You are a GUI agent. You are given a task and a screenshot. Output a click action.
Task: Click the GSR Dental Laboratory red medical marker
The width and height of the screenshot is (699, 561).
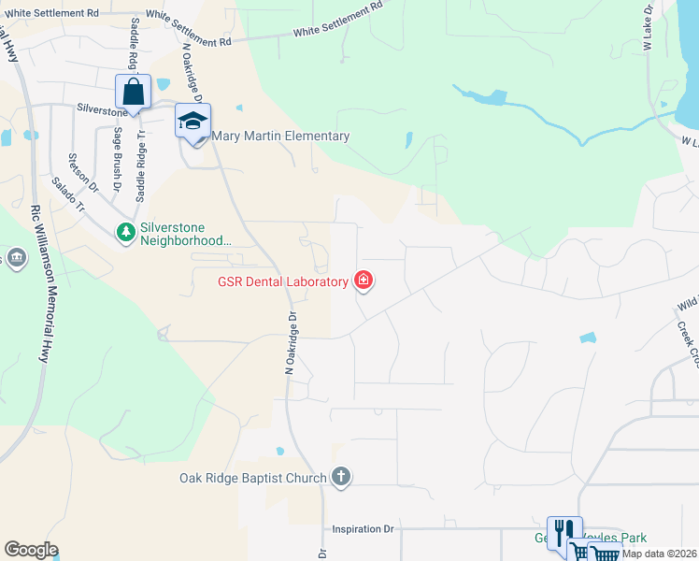[x=363, y=280]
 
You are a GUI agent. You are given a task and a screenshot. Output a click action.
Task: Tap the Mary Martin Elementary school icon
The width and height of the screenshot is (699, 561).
[x=193, y=122]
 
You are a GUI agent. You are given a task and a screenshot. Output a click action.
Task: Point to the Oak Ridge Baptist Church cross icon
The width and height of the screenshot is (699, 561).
[x=341, y=478]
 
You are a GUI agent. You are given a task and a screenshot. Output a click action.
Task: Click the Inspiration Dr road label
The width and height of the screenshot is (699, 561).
[x=363, y=529]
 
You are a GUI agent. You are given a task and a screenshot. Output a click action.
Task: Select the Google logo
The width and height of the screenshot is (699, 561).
[x=31, y=550]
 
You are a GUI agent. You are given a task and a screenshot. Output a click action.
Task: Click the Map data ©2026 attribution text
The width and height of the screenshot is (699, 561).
[x=658, y=554]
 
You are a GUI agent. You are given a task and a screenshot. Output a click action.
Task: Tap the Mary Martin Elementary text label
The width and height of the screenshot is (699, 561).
[x=281, y=137]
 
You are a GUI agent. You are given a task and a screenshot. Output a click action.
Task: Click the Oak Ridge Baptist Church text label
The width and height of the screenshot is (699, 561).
[x=252, y=479]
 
